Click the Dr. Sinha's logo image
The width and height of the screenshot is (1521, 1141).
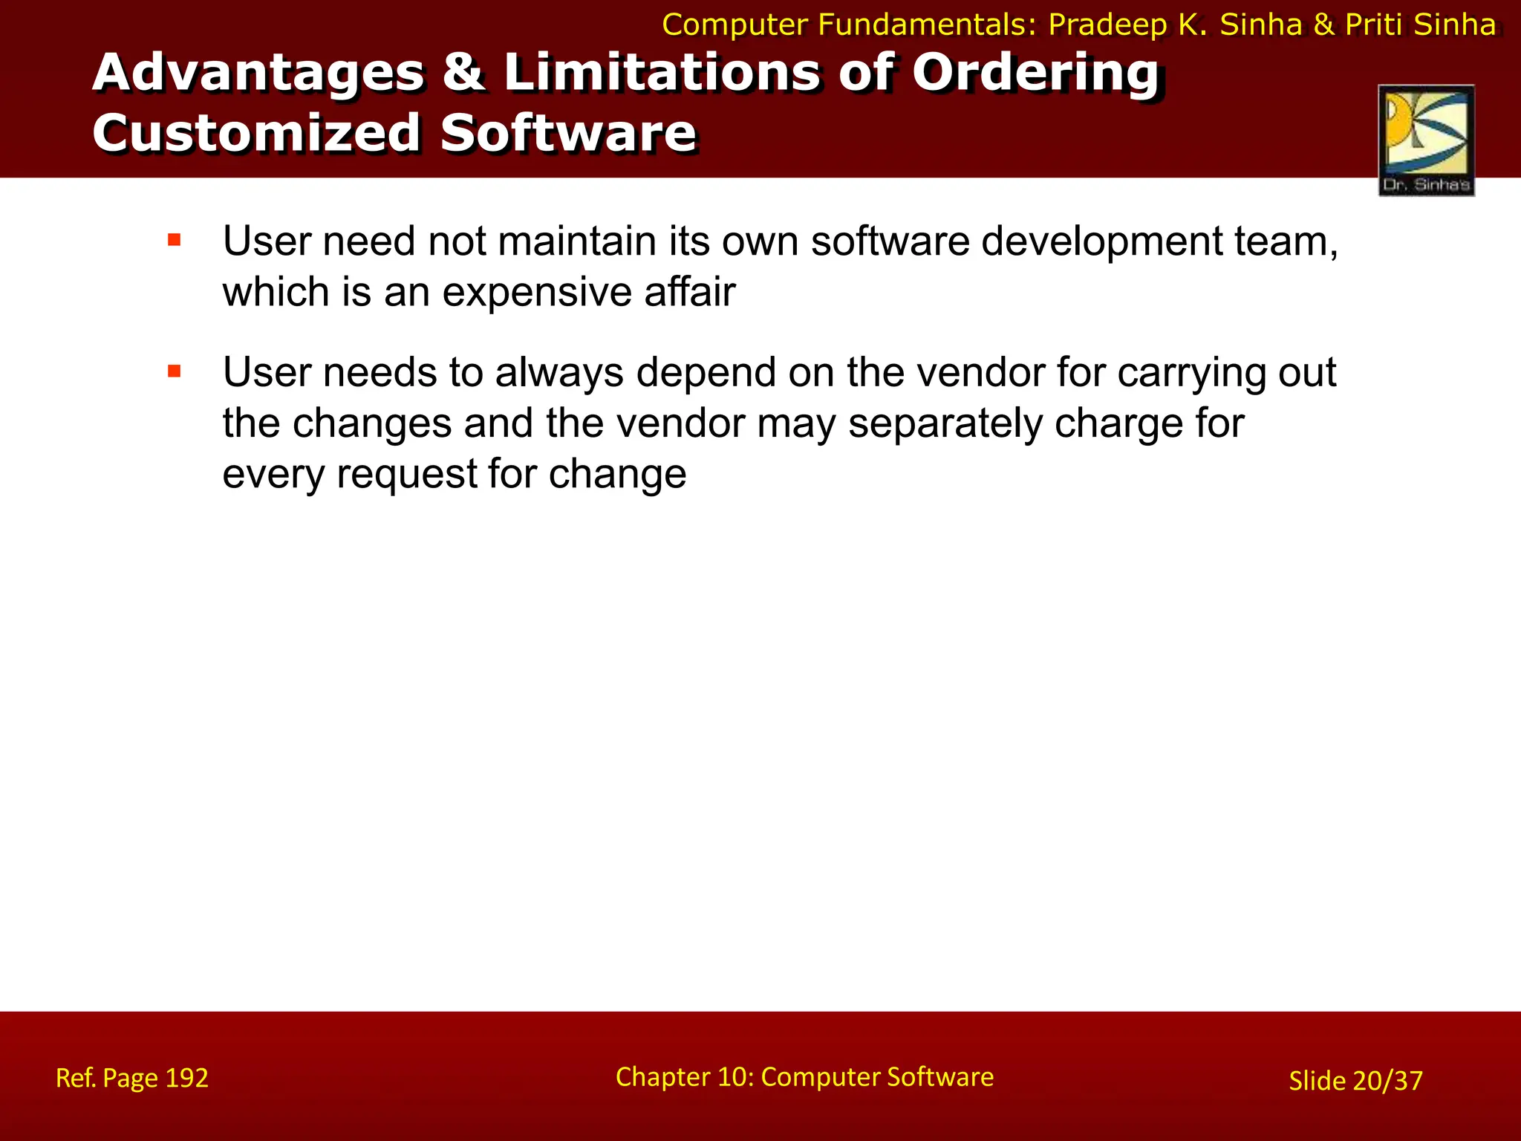[x=1426, y=140]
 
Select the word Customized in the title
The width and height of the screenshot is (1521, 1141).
[x=256, y=134]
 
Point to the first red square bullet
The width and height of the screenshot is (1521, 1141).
[x=175, y=240]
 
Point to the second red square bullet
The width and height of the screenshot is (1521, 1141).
[x=175, y=371]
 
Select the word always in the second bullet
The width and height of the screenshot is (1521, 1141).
[x=559, y=373]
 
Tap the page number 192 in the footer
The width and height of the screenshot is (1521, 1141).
[x=186, y=1078]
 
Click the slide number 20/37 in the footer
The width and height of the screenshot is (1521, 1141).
[x=1387, y=1081]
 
